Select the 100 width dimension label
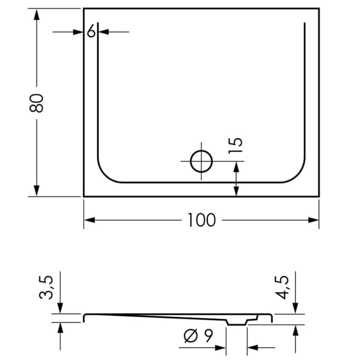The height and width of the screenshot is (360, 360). [201, 220]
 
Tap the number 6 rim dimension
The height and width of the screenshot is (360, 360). [91, 31]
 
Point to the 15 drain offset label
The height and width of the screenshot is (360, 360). [236, 146]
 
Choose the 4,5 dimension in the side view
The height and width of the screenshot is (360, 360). [282, 286]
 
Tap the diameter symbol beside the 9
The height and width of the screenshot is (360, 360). [190, 336]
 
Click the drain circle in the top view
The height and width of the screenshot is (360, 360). [202, 161]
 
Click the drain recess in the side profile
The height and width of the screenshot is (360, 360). [237, 321]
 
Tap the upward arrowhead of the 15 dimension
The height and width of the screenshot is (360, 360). [236, 167]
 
